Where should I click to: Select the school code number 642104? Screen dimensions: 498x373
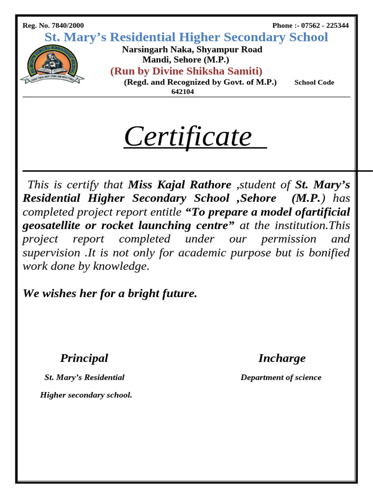(183, 91)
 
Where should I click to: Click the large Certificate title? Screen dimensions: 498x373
(188, 137)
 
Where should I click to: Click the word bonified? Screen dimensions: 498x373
(328, 253)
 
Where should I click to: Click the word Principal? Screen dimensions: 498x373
(84, 358)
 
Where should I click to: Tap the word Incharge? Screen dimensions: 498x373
(282, 358)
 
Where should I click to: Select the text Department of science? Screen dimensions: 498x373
(281, 377)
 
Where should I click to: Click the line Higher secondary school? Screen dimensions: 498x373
(86, 395)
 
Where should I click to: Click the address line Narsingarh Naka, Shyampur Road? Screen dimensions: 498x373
(192, 50)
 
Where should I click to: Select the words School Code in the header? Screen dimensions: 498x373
(314, 83)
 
